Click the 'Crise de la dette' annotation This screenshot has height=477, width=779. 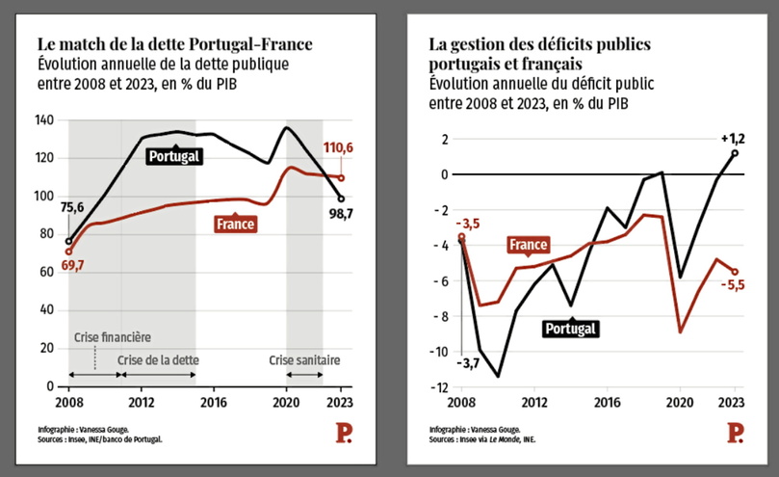click(159, 359)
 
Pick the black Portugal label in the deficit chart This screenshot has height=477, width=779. click(571, 329)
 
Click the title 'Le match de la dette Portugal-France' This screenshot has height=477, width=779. click(174, 44)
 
